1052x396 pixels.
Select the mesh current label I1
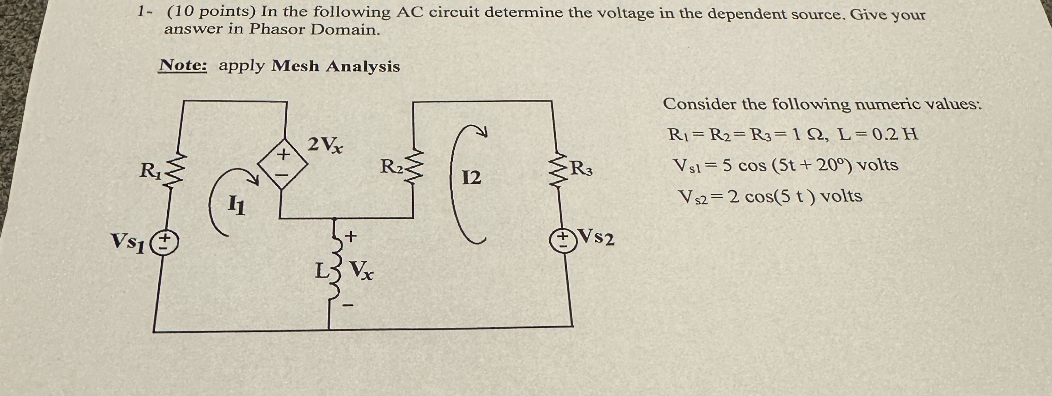click(237, 205)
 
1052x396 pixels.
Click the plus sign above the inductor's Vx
click(351, 236)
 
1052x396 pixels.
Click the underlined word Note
click(183, 65)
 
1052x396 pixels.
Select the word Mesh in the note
click(295, 66)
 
